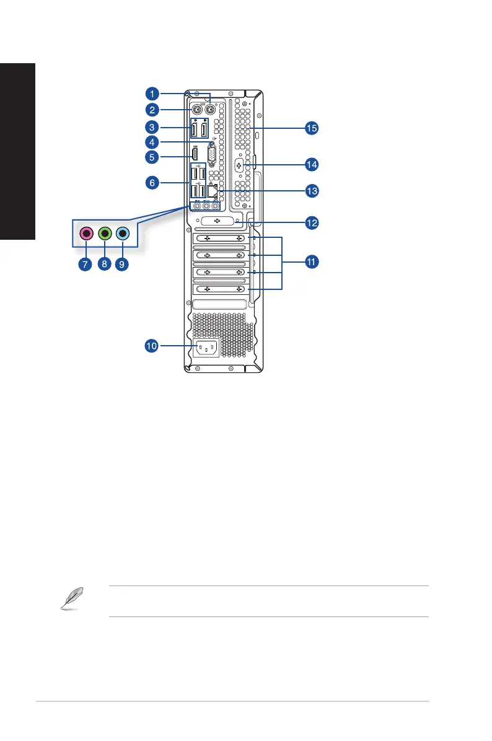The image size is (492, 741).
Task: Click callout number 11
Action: (311, 263)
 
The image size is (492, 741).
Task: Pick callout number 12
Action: (311, 222)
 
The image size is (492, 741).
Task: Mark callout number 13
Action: (311, 191)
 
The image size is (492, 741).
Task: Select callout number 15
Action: (311, 128)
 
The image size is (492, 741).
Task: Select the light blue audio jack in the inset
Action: (123, 234)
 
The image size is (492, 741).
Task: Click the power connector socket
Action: (206, 349)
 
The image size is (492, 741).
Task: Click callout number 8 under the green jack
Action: (104, 264)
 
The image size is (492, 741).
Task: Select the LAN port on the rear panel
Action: (211, 191)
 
